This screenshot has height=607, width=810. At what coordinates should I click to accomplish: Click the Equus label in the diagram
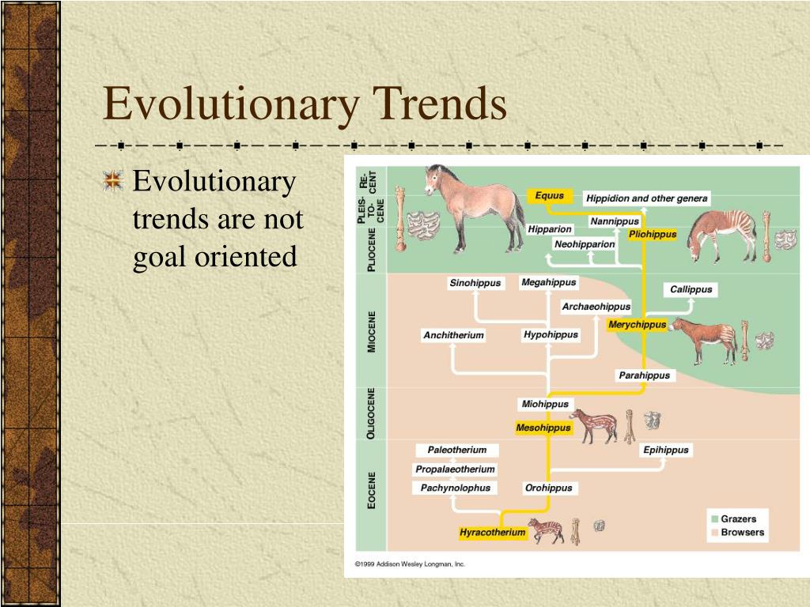coord(549,196)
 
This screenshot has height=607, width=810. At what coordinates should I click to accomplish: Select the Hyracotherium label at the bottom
coord(493,533)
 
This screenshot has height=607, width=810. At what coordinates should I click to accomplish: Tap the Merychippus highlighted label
coord(637,325)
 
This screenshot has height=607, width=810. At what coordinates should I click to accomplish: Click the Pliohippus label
coord(653,234)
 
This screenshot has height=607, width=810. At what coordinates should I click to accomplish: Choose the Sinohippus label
coord(475,283)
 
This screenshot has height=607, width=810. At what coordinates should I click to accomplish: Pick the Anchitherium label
coord(453,335)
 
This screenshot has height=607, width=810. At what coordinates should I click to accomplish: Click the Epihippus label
coord(666,450)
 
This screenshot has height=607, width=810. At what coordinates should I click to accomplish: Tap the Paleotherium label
coord(457,450)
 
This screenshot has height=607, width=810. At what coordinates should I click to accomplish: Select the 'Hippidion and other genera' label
coord(647,198)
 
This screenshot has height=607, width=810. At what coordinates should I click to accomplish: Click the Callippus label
coord(691,289)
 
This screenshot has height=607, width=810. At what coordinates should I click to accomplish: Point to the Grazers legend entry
coord(737,519)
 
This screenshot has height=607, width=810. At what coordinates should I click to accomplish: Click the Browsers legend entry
coord(741,533)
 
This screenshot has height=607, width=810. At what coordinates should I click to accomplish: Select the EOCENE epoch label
coord(372,489)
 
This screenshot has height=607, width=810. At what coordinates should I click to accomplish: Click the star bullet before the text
coord(114,182)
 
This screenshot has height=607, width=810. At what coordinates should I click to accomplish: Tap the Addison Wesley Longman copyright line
coord(410,564)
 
